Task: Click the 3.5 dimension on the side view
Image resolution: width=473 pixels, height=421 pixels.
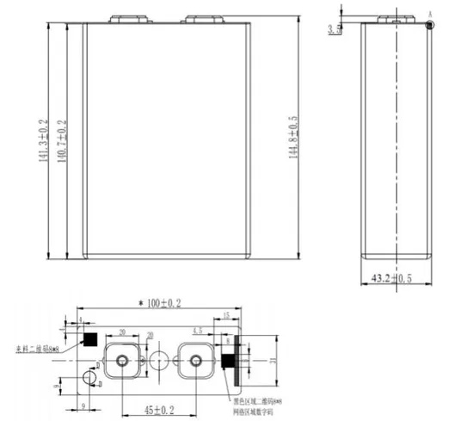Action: point(335,29)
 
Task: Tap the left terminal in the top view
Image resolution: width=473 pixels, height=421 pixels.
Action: point(121,359)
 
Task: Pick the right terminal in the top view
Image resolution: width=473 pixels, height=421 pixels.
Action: point(194,359)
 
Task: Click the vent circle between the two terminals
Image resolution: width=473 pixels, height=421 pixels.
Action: point(157,359)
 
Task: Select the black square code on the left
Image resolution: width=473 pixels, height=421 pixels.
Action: point(87,339)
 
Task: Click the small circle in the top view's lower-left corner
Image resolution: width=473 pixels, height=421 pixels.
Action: point(86,379)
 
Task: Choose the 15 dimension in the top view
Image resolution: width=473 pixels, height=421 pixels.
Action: point(225,317)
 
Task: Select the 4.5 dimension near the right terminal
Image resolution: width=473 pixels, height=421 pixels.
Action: point(197,330)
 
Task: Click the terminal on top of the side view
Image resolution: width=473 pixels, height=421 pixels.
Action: point(394,17)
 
